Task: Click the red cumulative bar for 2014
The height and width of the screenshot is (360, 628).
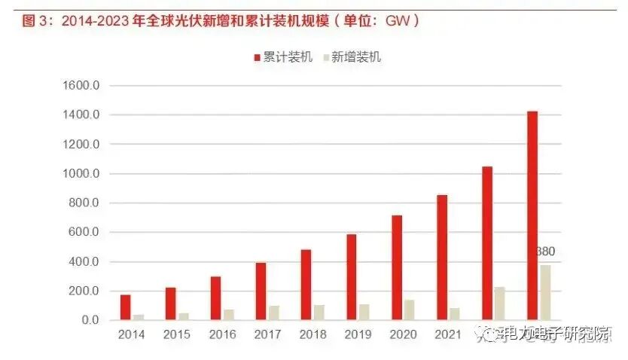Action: [x=125, y=307]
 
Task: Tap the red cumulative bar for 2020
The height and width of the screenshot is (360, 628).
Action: [x=397, y=267]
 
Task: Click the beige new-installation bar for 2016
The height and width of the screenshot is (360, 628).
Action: [x=228, y=315]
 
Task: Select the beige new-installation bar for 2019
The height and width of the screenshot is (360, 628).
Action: [x=364, y=313]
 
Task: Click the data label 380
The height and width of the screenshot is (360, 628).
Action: [x=546, y=251]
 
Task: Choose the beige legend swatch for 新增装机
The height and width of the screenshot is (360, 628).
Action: [x=326, y=57]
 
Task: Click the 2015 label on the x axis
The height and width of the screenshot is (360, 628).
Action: [x=177, y=334]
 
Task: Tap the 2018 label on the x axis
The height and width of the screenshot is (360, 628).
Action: [x=312, y=334]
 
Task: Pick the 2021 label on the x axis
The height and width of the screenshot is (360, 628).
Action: [x=448, y=334]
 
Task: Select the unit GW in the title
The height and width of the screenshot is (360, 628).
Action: [x=396, y=21]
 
